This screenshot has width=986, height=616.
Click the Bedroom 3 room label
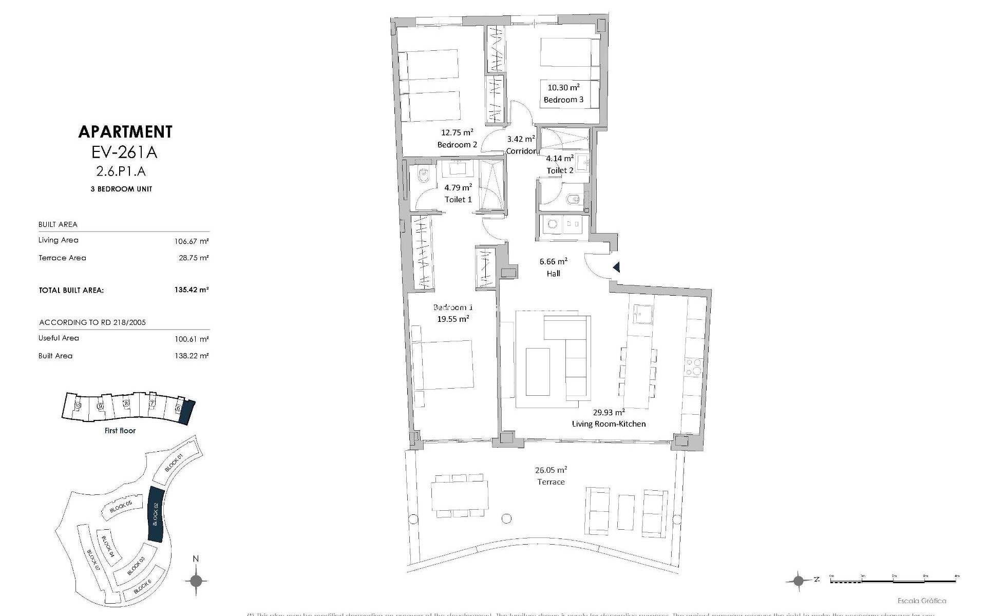(563, 100)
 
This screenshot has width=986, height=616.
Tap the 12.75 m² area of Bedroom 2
(457, 132)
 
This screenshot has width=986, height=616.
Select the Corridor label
(521, 151)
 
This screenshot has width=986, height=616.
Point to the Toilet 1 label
(458, 200)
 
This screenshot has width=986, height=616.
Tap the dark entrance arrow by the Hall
(616, 267)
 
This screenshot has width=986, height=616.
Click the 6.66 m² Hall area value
(553, 261)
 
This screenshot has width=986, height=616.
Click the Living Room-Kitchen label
(609, 424)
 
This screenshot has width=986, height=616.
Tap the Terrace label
(551, 482)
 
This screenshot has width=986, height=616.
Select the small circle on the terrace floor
(506, 518)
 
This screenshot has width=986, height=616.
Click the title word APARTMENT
(125, 132)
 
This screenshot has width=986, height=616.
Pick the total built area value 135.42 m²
(191, 290)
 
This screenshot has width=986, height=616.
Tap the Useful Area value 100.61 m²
(191, 339)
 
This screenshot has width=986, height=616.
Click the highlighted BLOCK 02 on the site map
(155, 514)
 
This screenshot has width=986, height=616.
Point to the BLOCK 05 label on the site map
(121, 507)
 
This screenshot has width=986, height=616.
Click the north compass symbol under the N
(196, 581)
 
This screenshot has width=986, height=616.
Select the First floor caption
(120, 431)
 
